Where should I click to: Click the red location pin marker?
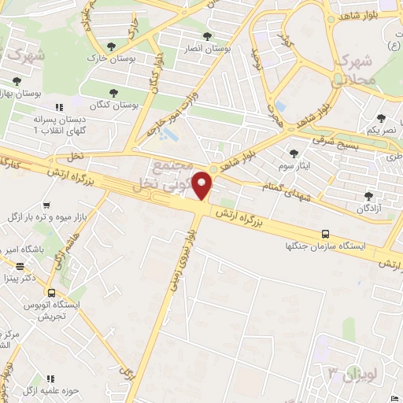tap(204, 186)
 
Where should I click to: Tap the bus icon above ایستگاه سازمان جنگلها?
tap(325, 234)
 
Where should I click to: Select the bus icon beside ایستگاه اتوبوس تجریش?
tap(51, 293)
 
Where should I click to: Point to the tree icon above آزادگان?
tap(367, 197)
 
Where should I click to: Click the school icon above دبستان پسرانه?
tap(57, 107)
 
